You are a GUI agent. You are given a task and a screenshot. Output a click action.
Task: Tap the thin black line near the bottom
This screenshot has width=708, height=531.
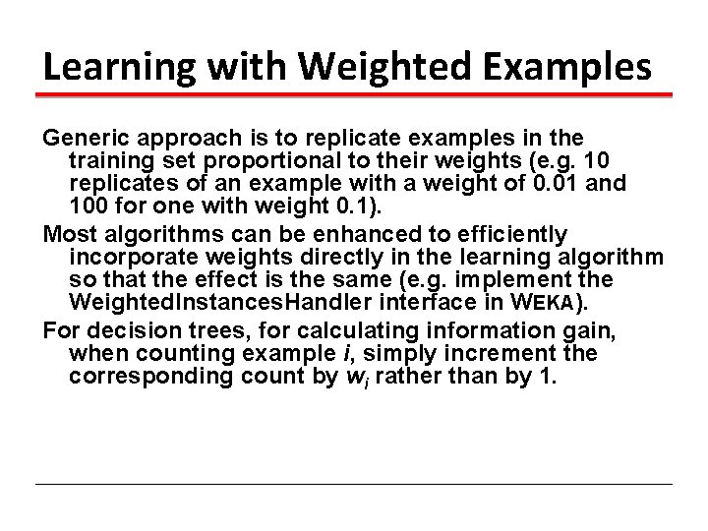coord(354,484)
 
